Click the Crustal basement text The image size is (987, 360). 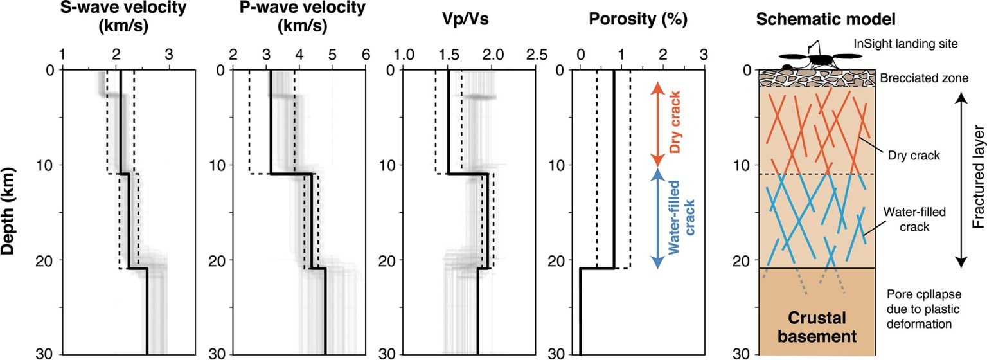coord(816,327)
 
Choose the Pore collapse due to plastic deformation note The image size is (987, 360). coord(920,311)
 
